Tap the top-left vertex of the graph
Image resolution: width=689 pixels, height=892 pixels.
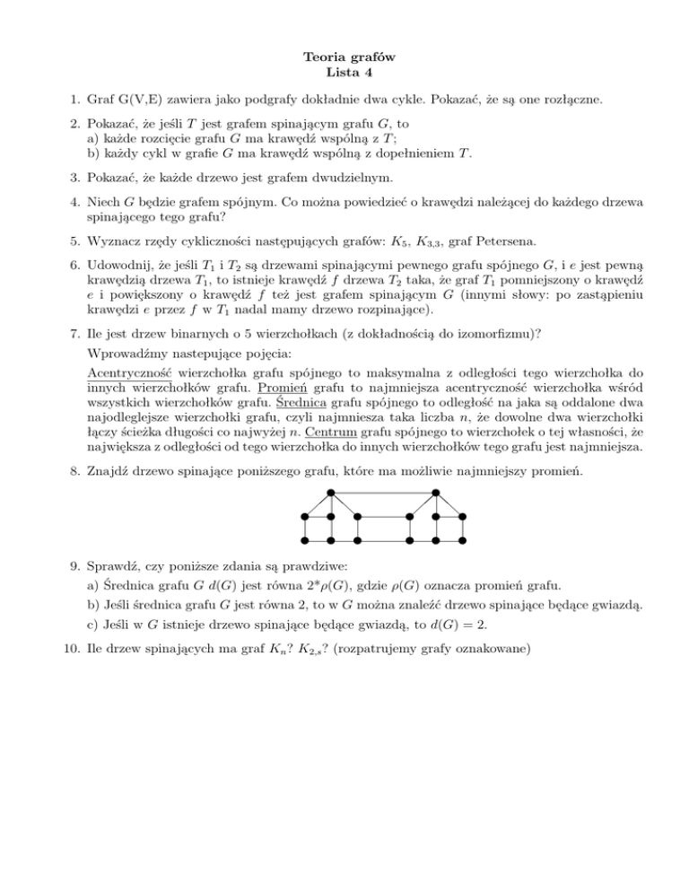[x=330, y=492]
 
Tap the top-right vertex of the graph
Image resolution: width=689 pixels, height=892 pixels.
[x=437, y=492]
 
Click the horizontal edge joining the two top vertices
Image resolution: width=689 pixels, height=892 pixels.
[x=383, y=492]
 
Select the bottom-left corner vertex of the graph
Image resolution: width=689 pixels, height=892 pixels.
[x=304, y=541]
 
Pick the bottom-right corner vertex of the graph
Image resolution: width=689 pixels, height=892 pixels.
[x=463, y=541]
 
